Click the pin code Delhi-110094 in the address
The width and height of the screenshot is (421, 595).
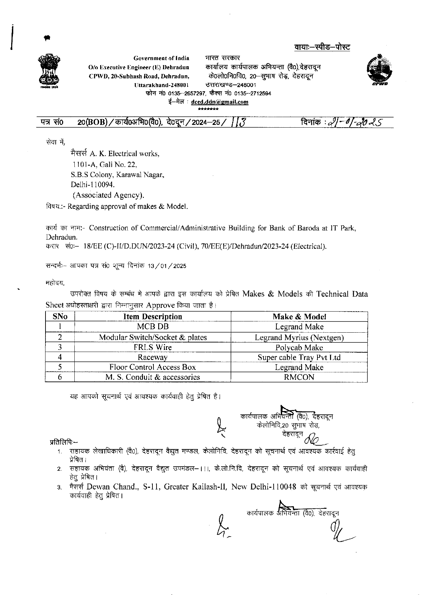(93, 185)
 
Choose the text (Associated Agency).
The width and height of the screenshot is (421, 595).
(108, 195)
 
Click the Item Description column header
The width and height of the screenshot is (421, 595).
(152, 317)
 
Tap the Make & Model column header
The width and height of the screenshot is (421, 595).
(299, 317)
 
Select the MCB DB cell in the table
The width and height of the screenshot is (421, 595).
(152, 327)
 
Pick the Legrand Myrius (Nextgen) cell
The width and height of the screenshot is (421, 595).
(299, 337)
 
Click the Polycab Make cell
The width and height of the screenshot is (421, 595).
(299, 348)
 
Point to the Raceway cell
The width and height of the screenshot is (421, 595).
(152, 357)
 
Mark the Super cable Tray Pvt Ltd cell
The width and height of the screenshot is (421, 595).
(299, 357)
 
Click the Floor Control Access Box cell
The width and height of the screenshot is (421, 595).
(152, 367)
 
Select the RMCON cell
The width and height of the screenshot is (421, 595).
(299, 377)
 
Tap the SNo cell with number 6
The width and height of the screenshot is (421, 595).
(60, 377)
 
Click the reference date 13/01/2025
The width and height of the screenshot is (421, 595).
(167, 266)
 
